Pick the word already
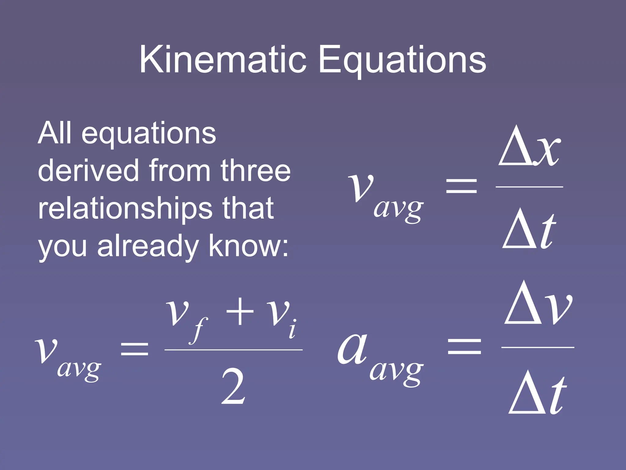(x=148, y=247)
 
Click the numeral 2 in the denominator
(x=233, y=387)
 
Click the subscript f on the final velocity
(x=199, y=330)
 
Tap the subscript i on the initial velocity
(x=293, y=329)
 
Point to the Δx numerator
(x=529, y=147)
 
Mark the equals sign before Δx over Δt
(x=462, y=186)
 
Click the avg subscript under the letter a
(x=396, y=372)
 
